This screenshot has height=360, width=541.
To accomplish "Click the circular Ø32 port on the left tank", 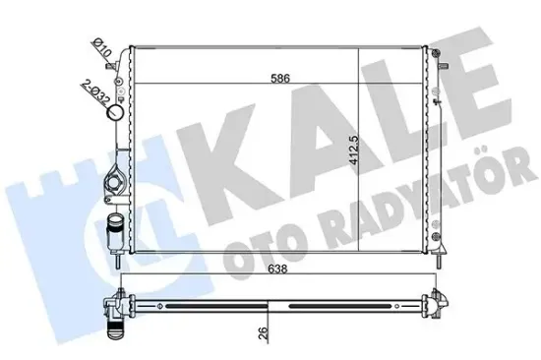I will (x=117, y=113).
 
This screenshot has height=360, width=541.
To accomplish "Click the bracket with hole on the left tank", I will (x=111, y=182).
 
